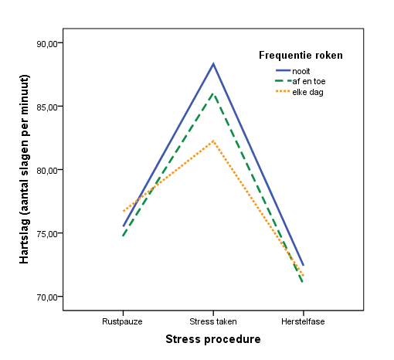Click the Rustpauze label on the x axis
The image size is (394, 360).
pos(122,321)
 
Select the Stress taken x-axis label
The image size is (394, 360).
pos(213,321)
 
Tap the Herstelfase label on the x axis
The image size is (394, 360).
pos(304,321)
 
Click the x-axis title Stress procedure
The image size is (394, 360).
pos(212,339)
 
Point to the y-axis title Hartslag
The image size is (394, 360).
pos(25,169)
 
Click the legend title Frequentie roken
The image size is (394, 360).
pos(301,55)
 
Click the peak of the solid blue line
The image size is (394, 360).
pos(213,63)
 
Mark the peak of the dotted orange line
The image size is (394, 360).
pos(213,141)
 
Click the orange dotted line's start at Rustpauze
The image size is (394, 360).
pos(122,212)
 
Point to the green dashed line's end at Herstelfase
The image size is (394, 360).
pos(303,283)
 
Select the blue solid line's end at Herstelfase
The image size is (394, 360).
pos(304,265)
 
